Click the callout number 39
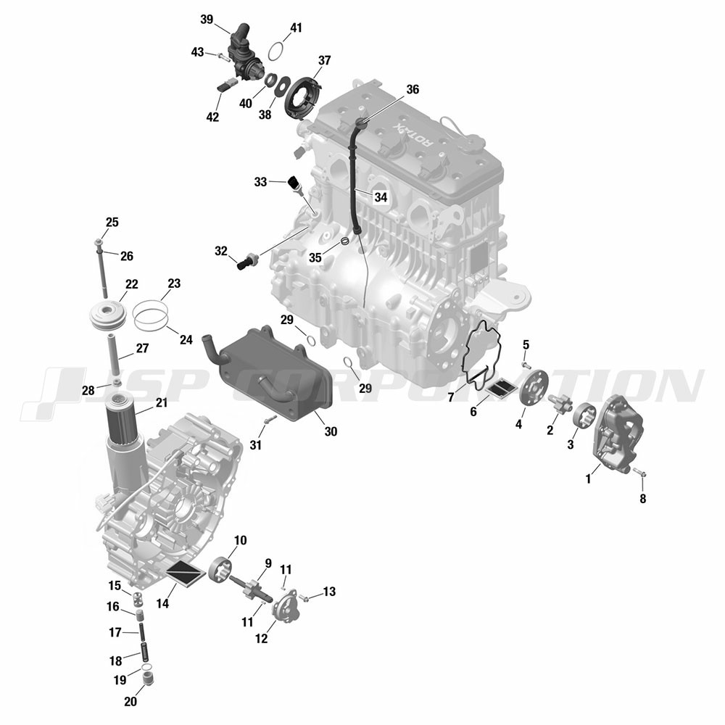(207, 20)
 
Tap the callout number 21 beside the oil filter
(162, 402)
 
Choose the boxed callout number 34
(381, 197)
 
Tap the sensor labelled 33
(295, 184)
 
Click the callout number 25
(112, 223)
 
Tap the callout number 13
(329, 592)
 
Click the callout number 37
(325, 61)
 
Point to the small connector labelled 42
(227, 85)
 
